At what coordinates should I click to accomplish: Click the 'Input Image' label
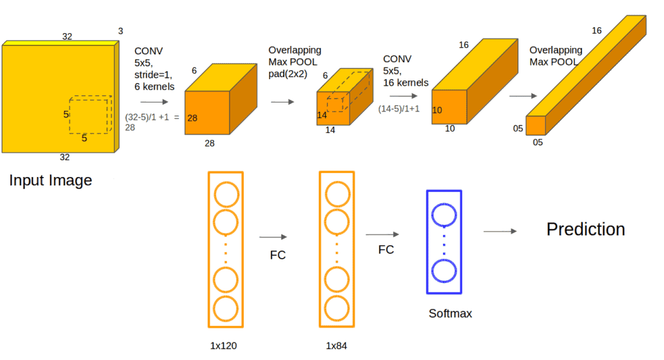[x=51, y=180]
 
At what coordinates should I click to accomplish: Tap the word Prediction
[x=586, y=229]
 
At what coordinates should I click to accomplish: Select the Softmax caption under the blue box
[x=450, y=313]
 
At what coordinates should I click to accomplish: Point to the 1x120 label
[x=224, y=345]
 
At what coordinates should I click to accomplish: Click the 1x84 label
[x=336, y=345]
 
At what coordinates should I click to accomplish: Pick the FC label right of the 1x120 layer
[x=278, y=255]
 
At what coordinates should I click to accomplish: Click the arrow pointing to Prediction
[x=499, y=232]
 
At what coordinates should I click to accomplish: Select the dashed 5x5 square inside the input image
[x=89, y=115]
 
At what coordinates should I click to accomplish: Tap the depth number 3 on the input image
[x=121, y=31]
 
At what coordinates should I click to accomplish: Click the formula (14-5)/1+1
[x=399, y=108]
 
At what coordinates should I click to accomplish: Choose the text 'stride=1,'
[x=154, y=75]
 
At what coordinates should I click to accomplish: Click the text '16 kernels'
[x=405, y=83]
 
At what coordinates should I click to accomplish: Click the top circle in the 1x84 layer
[x=337, y=193]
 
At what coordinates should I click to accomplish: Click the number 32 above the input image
[x=67, y=36]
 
